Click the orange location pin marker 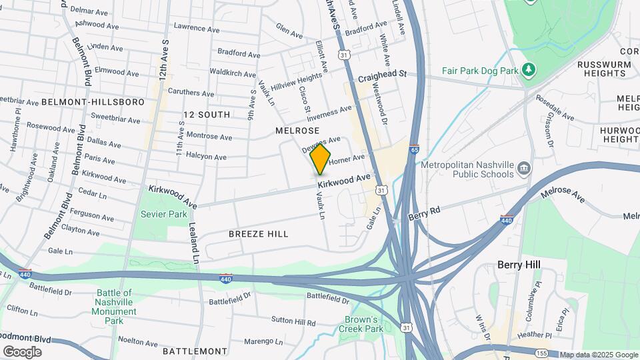(x=321, y=159)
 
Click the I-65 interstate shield (x=414, y=149)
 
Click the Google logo (x=22, y=351)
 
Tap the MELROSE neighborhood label (x=297, y=131)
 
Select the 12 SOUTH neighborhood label (x=207, y=115)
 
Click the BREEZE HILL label (x=259, y=234)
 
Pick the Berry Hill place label (x=519, y=265)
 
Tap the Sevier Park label (x=163, y=214)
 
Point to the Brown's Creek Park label (x=364, y=324)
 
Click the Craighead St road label (x=382, y=77)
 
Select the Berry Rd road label (x=425, y=213)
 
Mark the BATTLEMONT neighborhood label (x=195, y=351)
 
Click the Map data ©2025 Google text (x=598, y=355)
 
